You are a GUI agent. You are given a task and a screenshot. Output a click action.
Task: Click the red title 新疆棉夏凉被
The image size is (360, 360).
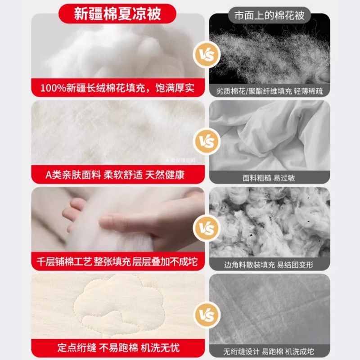tap(117, 14)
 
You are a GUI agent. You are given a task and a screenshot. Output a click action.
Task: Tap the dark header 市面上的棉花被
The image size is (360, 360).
tap(270, 15)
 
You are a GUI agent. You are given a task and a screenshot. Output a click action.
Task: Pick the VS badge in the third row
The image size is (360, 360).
tap(204, 228)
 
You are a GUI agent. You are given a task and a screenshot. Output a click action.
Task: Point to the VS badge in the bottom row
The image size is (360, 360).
tap(204, 314)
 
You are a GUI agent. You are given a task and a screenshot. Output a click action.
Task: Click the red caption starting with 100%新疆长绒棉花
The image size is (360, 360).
tap(117, 88)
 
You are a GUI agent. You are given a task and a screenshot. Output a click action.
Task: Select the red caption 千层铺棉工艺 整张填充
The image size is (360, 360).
tap(117, 261)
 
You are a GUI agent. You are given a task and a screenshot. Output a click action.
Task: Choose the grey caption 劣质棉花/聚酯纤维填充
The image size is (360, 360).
tap(270, 90)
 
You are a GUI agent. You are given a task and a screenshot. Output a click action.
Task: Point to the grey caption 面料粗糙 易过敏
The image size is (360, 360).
tap(269, 177)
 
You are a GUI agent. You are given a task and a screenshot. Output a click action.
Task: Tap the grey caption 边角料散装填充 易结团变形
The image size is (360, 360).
tap(269, 264)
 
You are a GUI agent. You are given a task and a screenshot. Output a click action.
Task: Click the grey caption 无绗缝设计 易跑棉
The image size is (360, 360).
tap(269, 350)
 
